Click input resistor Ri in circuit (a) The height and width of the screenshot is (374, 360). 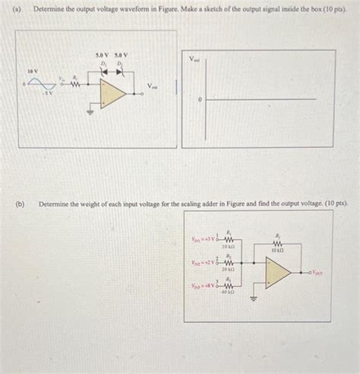tap(74, 86)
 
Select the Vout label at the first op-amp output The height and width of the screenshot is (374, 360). tap(153, 86)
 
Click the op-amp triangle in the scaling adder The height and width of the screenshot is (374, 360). tap(277, 271)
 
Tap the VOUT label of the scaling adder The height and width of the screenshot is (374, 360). tap(317, 271)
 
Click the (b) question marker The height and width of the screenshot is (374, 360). tap(22, 203)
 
